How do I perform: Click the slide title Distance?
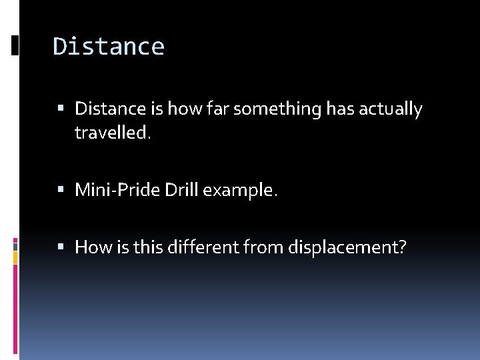[109, 47]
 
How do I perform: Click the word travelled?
[113, 133]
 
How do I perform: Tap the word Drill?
[181, 190]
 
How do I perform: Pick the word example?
[240, 190]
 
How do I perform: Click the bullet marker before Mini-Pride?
[61, 191]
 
